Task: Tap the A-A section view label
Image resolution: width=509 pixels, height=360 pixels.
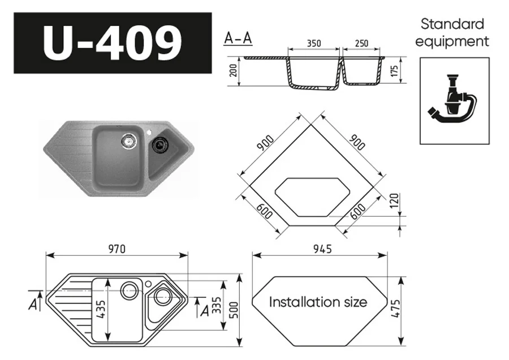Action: click(x=238, y=38)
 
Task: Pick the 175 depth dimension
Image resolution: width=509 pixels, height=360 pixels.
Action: click(x=395, y=71)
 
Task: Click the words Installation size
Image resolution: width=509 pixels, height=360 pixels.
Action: click(x=318, y=302)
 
